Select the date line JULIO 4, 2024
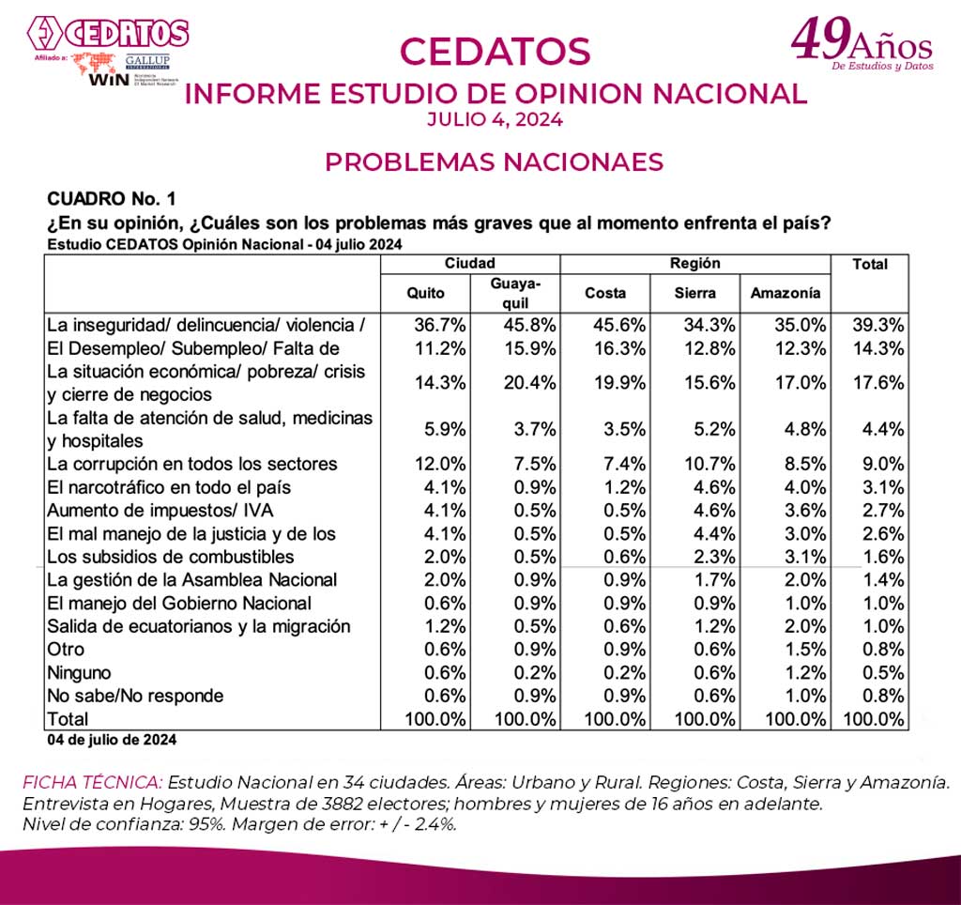point(495,119)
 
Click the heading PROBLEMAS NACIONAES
point(494,161)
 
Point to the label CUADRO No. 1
point(111,200)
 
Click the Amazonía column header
point(786,293)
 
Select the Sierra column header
point(695,293)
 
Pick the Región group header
point(695,264)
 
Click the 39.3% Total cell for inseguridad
point(879,325)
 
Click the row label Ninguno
point(79,672)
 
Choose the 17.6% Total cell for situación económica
point(879,383)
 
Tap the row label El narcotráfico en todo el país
point(169,487)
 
